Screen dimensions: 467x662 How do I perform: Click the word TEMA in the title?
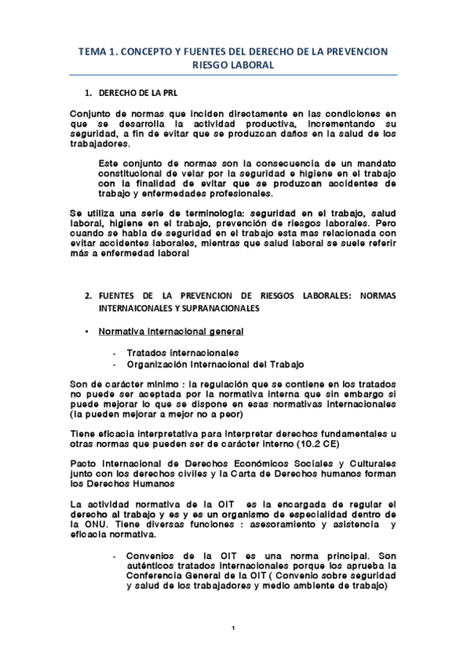pyautogui.click(x=92, y=52)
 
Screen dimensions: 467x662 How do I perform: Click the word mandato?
pyautogui.click(x=376, y=162)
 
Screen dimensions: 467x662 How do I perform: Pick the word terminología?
pyautogui.click(x=202, y=212)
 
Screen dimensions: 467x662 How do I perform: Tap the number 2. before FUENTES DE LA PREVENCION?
pyautogui.click(x=89, y=295)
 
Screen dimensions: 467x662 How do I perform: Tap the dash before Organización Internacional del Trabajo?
pyautogui.click(x=115, y=364)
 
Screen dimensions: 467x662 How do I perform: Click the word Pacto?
pyautogui.click(x=83, y=462)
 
